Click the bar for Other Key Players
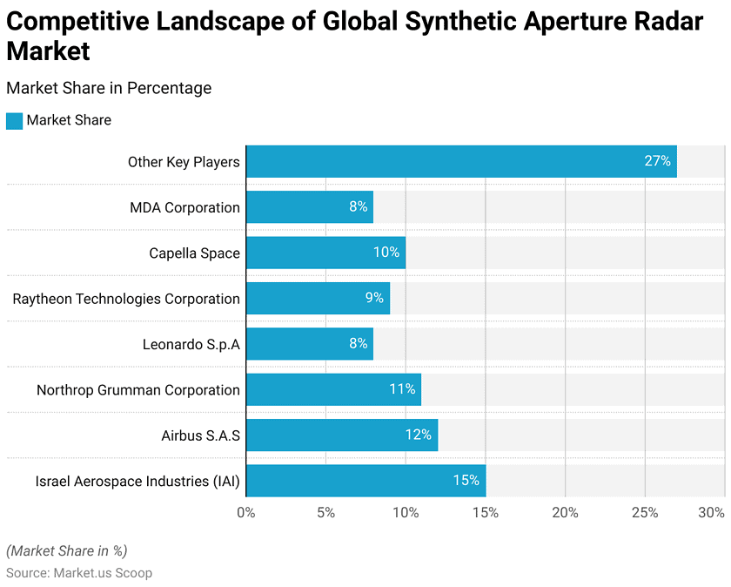coord(461,162)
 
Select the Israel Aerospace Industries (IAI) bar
coord(365,481)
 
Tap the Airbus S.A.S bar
coord(341,435)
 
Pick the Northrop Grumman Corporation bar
coord(333,389)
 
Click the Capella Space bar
coord(325,253)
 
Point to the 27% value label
coord(657,162)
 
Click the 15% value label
coord(466,481)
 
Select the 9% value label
coord(374,299)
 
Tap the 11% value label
coord(402,389)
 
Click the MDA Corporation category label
coord(184,207)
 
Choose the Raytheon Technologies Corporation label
coord(126,299)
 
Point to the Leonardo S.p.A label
coord(191,344)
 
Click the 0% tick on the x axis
coord(246,513)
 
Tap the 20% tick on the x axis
coord(565,513)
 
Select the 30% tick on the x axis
coord(711,513)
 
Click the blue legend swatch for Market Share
coord(14,121)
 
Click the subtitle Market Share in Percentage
coord(109,88)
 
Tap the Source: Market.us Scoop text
coord(79,573)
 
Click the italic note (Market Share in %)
coord(67,550)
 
